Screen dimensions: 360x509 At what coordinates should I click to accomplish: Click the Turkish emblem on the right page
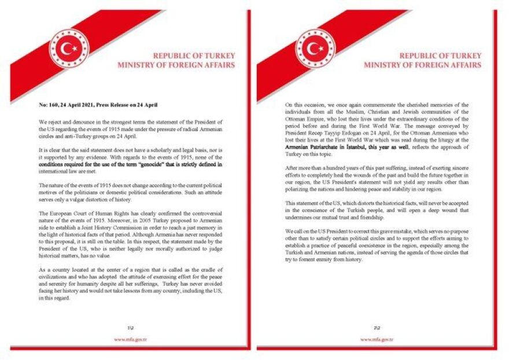pos(316,49)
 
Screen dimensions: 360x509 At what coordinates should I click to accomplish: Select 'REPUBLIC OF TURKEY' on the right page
pos(440,56)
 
